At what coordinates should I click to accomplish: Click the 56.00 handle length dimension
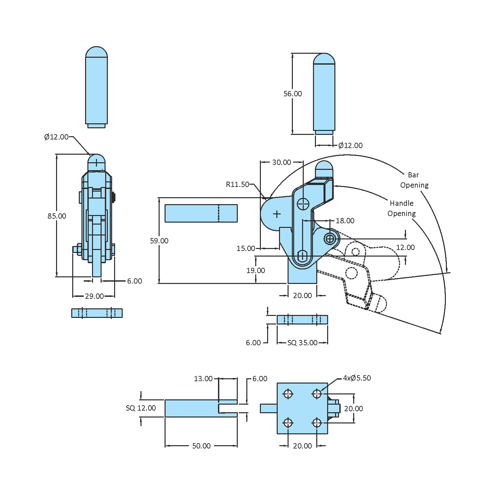(x=293, y=94)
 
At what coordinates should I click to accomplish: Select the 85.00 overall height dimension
(x=57, y=216)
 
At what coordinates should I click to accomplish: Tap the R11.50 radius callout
(x=237, y=184)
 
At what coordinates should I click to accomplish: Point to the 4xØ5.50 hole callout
(x=357, y=378)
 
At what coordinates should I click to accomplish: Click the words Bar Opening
(x=414, y=180)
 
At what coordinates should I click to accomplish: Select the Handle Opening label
(x=401, y=208)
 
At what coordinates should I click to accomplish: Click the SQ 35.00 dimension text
(x=302, y=343)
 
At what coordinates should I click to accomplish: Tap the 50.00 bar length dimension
(x=201, y=446)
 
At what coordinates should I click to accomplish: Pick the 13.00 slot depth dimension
(x=203, y=379)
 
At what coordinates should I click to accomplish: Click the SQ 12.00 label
(x=141, y=408)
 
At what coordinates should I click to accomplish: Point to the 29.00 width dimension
(x=94, y=296)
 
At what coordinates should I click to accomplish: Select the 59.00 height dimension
(x=159, y=241)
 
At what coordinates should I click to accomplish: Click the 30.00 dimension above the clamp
(x=282, y=162)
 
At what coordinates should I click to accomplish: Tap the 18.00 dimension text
(x=345, y=221)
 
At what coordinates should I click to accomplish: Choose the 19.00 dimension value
(x=256, y=270)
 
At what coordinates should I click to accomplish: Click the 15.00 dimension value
(x=246, y=248)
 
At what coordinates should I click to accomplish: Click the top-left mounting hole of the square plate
(x=288, y=394)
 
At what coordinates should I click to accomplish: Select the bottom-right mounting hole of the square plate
(x=317, y=422)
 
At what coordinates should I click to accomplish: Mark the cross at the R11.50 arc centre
(x=277, y=214)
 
